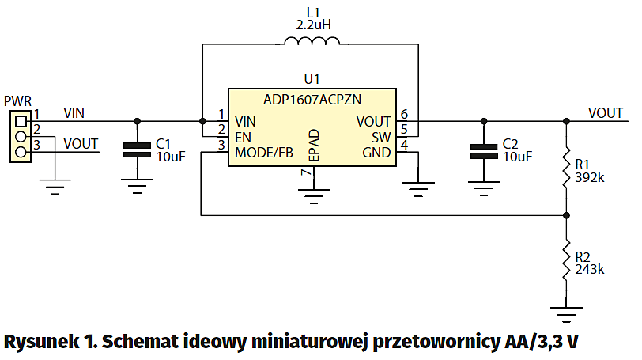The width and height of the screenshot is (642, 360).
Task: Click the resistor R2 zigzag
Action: (x=566, y=260)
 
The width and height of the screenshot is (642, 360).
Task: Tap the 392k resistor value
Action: (x=590, y=177)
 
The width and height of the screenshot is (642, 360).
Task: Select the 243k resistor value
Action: (x=590, y=269)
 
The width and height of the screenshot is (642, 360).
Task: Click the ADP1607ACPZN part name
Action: (x=312, y=100)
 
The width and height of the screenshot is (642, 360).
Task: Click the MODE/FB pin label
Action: (x=263, y=152)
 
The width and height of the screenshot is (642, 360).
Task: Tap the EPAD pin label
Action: (x=313, y=147)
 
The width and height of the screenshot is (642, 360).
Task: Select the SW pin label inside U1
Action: (x=381, y=137)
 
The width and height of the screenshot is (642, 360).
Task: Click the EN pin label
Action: (x=243, y=137)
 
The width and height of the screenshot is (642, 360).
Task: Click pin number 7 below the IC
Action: (x=304, y=173)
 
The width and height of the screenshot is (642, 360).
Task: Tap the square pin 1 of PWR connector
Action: (x=21, y=121)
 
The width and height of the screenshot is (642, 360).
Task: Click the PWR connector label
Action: (x=17, y=101)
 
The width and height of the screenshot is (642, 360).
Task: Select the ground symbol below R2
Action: (x=566, y=314)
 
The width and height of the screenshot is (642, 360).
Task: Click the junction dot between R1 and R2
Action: (x=566, y=214)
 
